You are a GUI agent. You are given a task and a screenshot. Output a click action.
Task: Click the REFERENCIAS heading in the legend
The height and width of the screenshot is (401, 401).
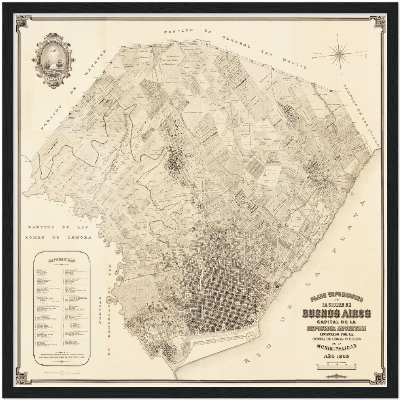click(62, 261)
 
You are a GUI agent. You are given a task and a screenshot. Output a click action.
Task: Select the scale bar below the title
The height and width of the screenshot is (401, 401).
click(339, 366)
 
